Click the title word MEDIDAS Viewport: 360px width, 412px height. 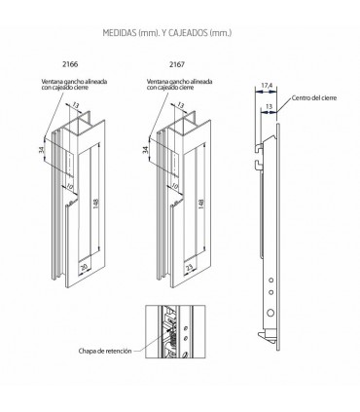[x=120, y=33]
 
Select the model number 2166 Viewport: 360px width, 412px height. [x=70, y=64]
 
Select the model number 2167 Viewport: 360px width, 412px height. [x=177, y=64]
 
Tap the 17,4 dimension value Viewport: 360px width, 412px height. [x=267, y=86]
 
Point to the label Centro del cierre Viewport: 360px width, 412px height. [x=314, y=97]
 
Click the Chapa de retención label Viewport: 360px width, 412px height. [x=105, y=351]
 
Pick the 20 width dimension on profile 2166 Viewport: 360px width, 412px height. [x=84, y=268]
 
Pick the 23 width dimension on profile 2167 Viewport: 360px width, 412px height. [x=189, y=268]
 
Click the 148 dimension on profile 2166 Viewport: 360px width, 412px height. [x=96, y=204]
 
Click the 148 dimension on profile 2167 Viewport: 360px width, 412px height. [x=201, y=204]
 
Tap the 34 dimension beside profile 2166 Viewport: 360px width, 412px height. [x=41, y=150]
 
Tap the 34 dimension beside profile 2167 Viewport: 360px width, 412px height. [x=146, y=150]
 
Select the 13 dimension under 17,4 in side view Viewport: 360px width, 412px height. [x=269, y=106]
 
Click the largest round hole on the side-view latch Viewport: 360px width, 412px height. [x=270, y=313]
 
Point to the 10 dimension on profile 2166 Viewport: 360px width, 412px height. [x=69, y=186]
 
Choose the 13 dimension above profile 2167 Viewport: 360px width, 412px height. [x=181, y=105]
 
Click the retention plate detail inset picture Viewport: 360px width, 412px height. [x=175, y=331]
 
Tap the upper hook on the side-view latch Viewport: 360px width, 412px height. [x=259, y=148]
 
